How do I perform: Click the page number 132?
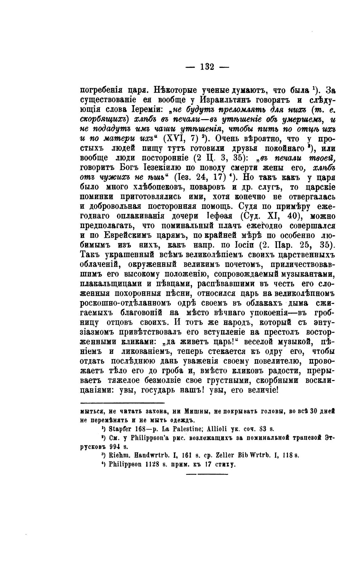coord(207,67)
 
